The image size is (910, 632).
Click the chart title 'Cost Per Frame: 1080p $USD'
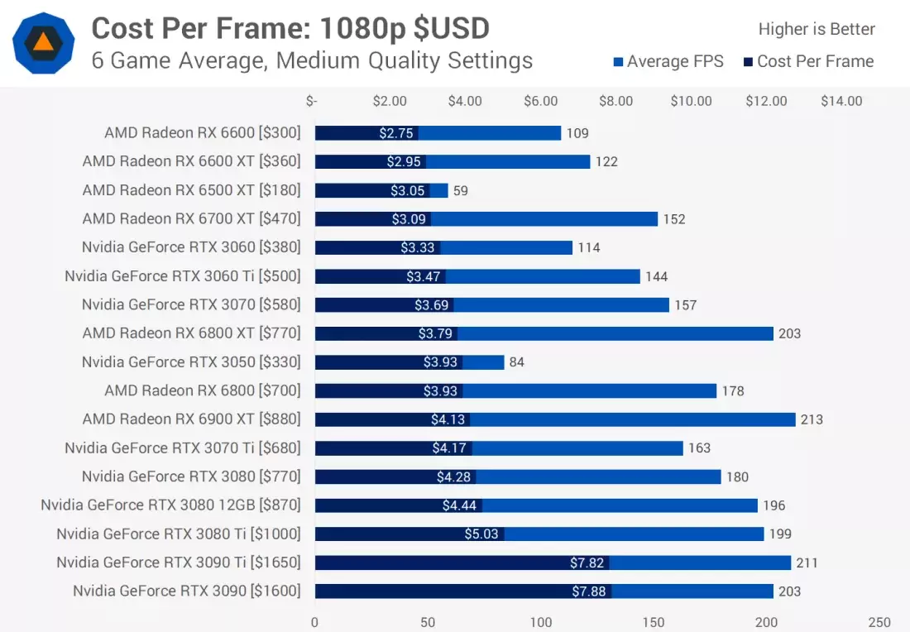pos(290,29)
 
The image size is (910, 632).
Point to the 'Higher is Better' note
pos(817,29)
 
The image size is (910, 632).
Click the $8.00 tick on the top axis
pos(615,101)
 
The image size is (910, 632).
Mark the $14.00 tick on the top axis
pos(841,101)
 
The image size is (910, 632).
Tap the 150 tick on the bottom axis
pos(654,622)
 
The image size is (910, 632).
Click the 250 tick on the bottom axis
pos(879,622)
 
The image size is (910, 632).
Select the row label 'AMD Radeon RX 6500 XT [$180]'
pos(191,190)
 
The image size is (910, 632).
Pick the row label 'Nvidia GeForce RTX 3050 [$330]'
pos(191,361)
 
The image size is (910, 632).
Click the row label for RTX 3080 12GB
pos(170,505)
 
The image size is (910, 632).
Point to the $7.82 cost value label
pos(588,563)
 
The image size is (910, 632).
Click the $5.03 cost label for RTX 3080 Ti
pos(481,534)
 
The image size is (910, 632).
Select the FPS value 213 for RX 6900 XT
pos(812,419)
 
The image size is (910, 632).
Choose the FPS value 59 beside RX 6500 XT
pos(461,190)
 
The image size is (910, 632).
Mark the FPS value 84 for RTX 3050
pos(517,362)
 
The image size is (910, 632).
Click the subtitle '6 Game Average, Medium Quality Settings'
pos(312,60)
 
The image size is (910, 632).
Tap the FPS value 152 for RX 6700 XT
pos(673,219)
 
